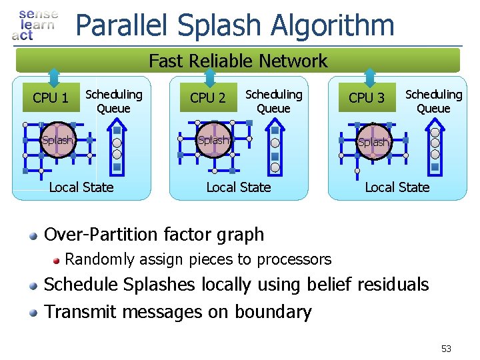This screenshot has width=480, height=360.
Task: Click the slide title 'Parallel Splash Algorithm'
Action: point(235,25)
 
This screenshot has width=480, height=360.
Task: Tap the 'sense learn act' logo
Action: point(35,25)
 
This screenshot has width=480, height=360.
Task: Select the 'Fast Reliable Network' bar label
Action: point(238,61)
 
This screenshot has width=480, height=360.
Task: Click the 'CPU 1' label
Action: point(51,99)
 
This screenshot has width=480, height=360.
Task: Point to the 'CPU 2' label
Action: point(207,98)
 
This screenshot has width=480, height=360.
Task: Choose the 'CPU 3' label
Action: point(367,98)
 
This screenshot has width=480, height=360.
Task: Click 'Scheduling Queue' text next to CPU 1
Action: point(114,101)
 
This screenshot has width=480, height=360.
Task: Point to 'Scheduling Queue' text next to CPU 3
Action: point(434,101)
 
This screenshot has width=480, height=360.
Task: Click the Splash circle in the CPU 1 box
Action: point(57,140)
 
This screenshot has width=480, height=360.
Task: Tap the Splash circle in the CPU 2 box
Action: point(214,140)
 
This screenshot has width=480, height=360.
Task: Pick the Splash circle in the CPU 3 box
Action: point(373,142)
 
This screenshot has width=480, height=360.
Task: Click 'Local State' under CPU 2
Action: point(239,187)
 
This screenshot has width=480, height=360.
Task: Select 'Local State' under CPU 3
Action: point(397,187)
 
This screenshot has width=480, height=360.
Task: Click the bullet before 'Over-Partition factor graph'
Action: point(33,235)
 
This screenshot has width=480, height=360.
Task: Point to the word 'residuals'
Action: point(393,285)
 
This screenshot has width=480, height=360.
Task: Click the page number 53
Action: point(446,349)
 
